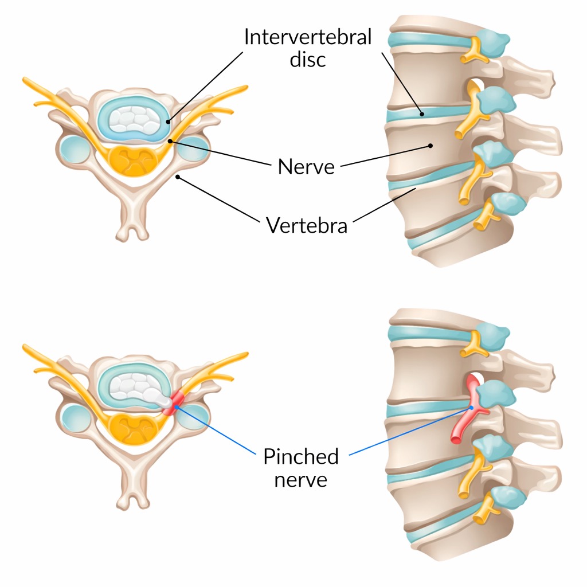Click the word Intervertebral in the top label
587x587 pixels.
pyautogui.click(x=307, y=37)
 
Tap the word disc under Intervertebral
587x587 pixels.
pyautogui.click(x=307, y=59)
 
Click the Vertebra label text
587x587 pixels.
pyautogui.click(x=307, y=225)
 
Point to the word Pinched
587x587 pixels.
pyautogui.click(x=301, y=457)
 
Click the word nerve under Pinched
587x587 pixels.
pyautogui.click(x=301, y=479)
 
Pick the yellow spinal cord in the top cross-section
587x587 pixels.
pyautogui.click(x=136, y=159)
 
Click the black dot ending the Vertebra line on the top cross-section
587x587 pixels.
pyautogui.click(x=178, y=177)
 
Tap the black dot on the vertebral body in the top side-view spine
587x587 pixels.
pyautogui.click(x=430, y=146)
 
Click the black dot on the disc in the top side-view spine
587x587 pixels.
pyautogui.click(x=422, y=114)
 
